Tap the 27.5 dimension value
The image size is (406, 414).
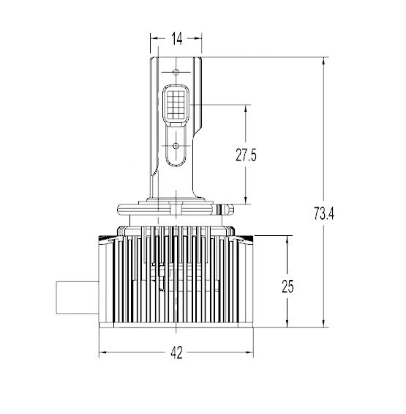(x=247, y=155)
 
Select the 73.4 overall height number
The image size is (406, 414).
(x=323, y=214)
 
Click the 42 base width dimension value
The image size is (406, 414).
(x=176, y=352)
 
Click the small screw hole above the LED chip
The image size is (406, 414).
(x=176, y=73)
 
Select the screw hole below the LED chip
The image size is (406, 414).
(x=176, y=145)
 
